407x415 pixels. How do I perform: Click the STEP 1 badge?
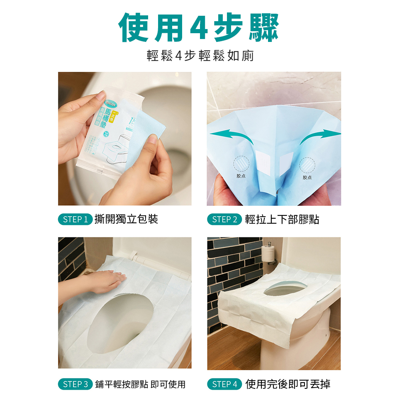[75, 220]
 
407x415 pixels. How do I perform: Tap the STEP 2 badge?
[224, 220]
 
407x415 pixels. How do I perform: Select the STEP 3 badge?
[75, 384]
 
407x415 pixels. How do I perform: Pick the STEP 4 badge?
[224, 384]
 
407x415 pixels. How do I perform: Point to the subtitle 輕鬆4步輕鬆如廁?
[200, 55]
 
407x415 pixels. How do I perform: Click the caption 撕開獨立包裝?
[126, 219]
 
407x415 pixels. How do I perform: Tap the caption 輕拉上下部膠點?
[282, 220]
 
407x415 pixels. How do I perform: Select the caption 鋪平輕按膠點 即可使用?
[140, 384]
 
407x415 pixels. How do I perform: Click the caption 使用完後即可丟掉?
[288, 384]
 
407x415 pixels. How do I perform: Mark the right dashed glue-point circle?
[307, 165]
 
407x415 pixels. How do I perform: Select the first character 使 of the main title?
[135, 28]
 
